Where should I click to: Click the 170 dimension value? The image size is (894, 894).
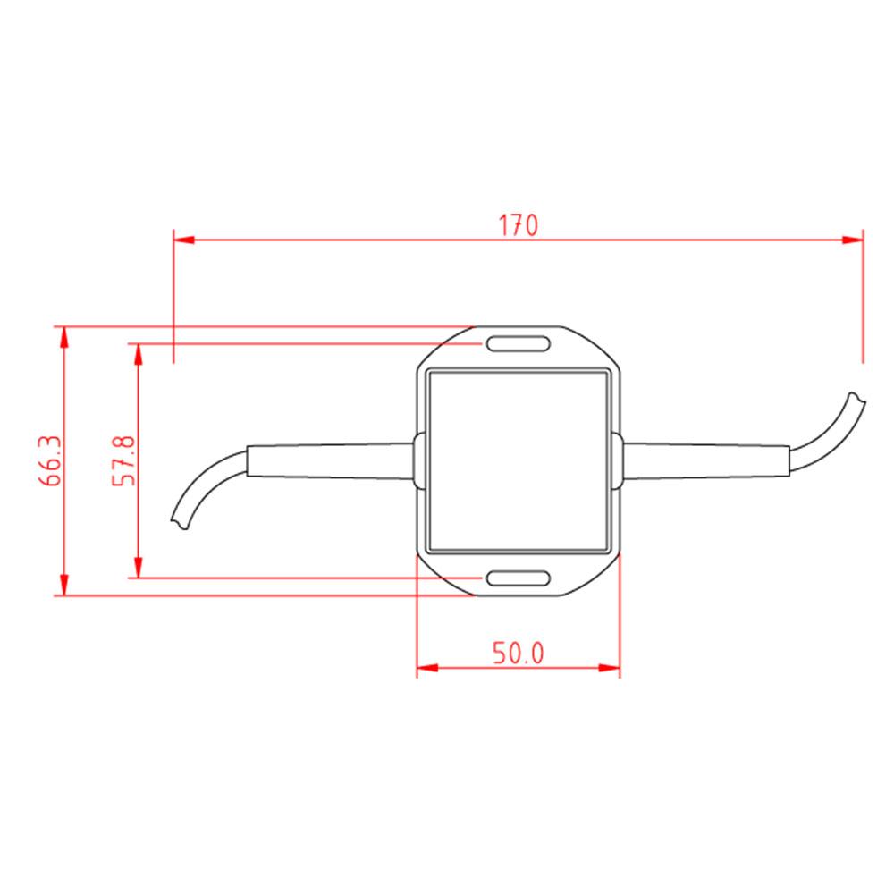coord(519,225)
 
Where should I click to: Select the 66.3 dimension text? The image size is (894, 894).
coord(49,460)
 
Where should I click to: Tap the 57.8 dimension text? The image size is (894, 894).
coord(122,460)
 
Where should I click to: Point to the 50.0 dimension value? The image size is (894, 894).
coord(519,654)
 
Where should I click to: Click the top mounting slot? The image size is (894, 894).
coord(518,343)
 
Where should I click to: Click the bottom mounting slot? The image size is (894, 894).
coord(518,578)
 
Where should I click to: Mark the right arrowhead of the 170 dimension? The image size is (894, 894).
coord(853,239)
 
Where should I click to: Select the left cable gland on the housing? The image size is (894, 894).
coord(417,460)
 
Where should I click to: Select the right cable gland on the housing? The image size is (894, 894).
coord(618,460)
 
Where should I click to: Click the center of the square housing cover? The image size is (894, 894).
coord(519,460)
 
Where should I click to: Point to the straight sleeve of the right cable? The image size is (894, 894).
coord(706,460)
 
